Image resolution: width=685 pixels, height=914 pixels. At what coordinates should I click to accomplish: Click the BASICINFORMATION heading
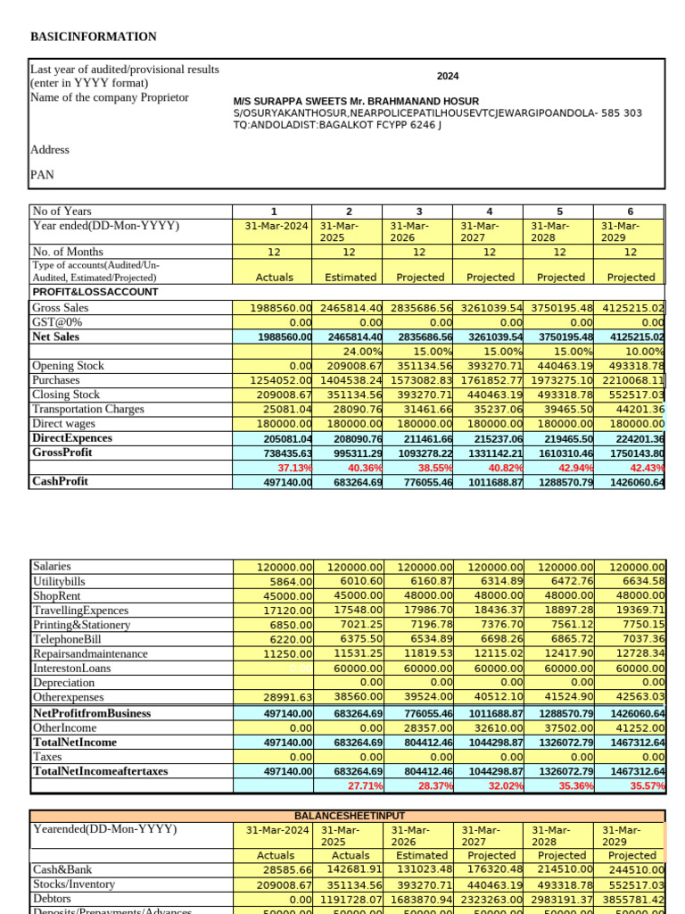94,37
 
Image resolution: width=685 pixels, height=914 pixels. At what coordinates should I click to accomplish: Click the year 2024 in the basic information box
448,77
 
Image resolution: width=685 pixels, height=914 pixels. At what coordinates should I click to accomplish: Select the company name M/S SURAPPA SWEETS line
356,101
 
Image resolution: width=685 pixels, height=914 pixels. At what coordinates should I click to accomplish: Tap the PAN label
43,175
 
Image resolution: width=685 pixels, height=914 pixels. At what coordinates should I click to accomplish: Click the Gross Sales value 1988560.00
281,308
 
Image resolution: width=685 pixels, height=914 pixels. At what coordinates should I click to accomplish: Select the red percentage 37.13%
294,467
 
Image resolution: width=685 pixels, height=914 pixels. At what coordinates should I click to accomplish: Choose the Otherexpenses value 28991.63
282,697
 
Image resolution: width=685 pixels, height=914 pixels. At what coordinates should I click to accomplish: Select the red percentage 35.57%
647,785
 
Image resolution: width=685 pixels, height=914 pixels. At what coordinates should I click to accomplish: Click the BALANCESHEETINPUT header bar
347,816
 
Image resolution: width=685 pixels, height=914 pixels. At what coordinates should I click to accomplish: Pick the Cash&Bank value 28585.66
282,869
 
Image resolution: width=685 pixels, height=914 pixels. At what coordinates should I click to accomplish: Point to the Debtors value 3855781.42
632,898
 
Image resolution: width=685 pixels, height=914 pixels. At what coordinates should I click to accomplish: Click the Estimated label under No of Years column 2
350,278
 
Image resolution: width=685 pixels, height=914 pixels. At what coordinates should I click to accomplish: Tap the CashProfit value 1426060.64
632,482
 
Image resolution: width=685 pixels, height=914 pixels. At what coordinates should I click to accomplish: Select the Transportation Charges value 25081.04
282,409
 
